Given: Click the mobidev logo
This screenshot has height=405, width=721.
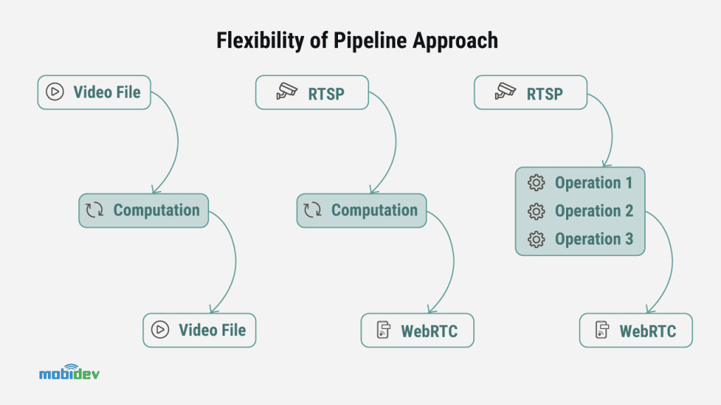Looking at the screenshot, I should click(69, 372).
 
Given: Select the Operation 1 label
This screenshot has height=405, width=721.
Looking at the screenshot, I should click(594, 183).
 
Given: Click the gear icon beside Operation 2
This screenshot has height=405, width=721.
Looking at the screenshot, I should click(537, 211).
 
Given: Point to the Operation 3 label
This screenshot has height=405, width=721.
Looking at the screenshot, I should click(594, 239).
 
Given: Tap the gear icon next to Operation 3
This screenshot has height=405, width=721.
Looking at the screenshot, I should click(537, 239).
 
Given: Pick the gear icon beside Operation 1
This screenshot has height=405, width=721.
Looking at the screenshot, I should click(537, 183).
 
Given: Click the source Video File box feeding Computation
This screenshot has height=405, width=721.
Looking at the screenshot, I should click(94, 92).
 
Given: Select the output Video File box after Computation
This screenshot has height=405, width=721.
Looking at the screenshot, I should click(199, 330).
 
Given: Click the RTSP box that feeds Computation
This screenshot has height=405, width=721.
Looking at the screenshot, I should click(312, 92).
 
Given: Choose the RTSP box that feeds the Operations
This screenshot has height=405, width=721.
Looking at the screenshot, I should click(530, 92).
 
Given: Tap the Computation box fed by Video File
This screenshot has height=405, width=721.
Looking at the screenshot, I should click(144, 210).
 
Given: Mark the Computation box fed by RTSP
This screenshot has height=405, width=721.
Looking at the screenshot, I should click(362, 210).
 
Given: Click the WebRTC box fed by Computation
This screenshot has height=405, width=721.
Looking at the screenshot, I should click(418, 330).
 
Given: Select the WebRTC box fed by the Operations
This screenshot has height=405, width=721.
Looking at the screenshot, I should click(636, 330).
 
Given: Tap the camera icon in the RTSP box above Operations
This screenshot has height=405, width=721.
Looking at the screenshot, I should click(505, 92).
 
